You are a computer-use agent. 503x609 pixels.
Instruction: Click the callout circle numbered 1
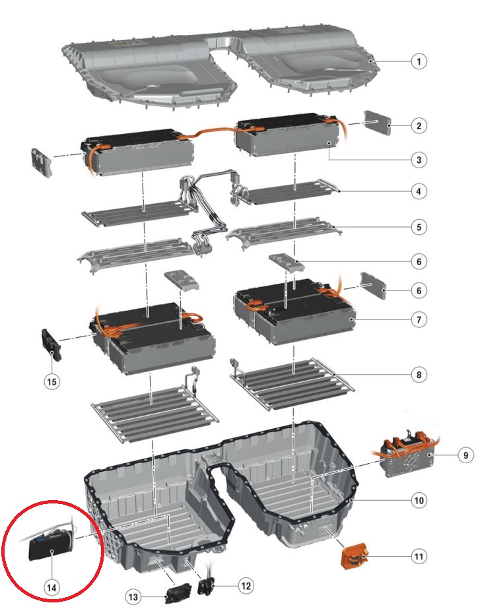(x=419, y=61)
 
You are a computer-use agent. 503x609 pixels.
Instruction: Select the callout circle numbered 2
(x=419, y=126)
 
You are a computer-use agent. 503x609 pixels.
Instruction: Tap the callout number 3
(x=419, y=160)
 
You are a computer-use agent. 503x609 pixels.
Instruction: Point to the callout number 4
(x=419, y=191)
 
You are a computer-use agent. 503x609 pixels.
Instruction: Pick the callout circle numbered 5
(x=419, y=227)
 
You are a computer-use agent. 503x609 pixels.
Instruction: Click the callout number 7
(x=419, y=320)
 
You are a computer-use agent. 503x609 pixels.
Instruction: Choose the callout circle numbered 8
(x=419, y=375)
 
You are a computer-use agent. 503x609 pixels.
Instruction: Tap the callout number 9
(x=465, y=455)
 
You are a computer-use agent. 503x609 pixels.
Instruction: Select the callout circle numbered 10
(x=419, y=500)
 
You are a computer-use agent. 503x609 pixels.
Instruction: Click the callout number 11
(x=419, y=557)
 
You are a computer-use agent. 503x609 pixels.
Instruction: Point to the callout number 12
(x=246, y=585)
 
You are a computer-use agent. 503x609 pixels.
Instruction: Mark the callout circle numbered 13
(x=133, y=596)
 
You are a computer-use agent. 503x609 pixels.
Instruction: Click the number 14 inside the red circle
(x=51, y=588)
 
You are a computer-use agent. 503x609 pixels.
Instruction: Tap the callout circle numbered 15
(x=51, y=382)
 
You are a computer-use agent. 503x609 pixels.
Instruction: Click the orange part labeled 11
(x=354, y=556)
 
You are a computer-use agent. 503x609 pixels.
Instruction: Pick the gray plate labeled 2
(x=377, y=123)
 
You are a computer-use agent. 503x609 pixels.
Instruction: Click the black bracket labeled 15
(x=51, y=344)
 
